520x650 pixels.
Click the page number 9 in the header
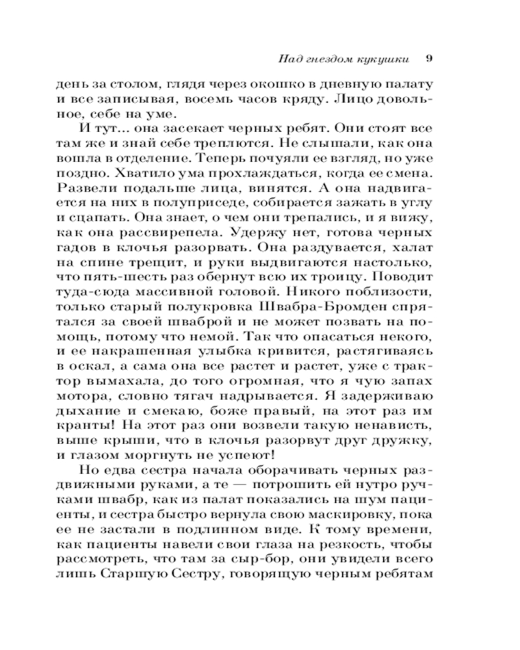click(429, 58)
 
